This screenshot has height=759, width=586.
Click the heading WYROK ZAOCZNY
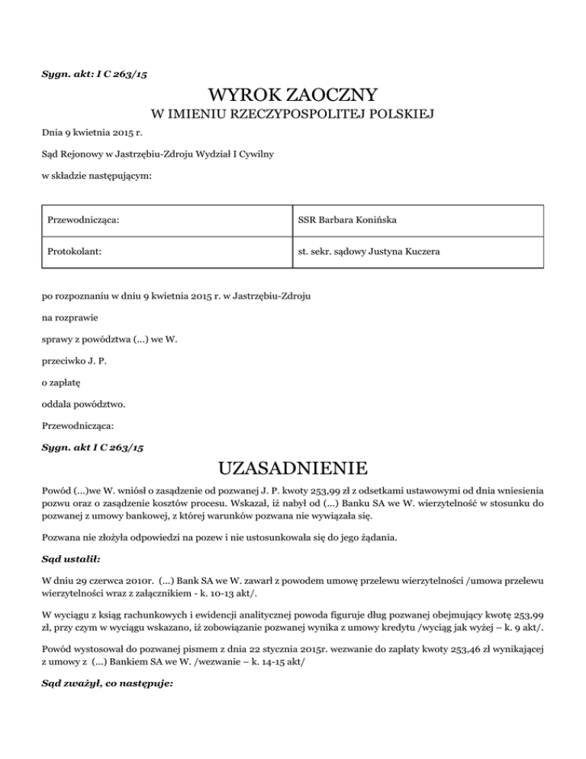tap(293, 96)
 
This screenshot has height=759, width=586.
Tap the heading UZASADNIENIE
tap(293, 467)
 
